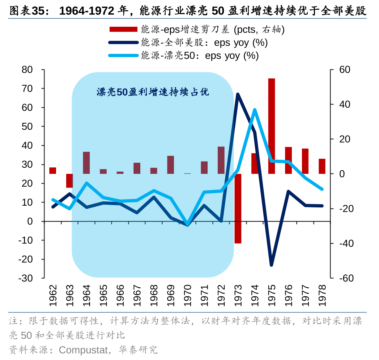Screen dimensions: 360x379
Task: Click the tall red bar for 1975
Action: pos(272,126)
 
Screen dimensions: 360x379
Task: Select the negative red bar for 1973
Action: pos(238,209)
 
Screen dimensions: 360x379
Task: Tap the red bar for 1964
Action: pos(86,163)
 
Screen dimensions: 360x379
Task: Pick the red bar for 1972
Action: pos(221,160)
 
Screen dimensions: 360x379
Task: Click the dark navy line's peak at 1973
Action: pos(238,94)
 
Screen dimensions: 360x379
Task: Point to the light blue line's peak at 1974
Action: pos(255,110)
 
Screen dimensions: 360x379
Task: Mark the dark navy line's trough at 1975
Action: pos(271,265)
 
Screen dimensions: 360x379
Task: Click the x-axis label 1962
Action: pos(53,295)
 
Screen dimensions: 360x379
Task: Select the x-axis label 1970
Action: pos(187,295)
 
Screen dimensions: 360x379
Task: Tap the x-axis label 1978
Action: pos(322,295)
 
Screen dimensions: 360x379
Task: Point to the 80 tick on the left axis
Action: pos(27,70)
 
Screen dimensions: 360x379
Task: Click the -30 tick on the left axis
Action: pos(25,278)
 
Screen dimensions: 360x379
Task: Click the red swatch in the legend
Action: pos(123,29)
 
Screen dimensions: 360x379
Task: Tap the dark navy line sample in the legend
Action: pos(123,43)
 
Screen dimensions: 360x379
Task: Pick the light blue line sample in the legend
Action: pos(123,56)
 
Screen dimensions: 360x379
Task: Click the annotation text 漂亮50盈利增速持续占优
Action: pos(153,92)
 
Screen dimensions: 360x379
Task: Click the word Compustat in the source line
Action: pos(83,350)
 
